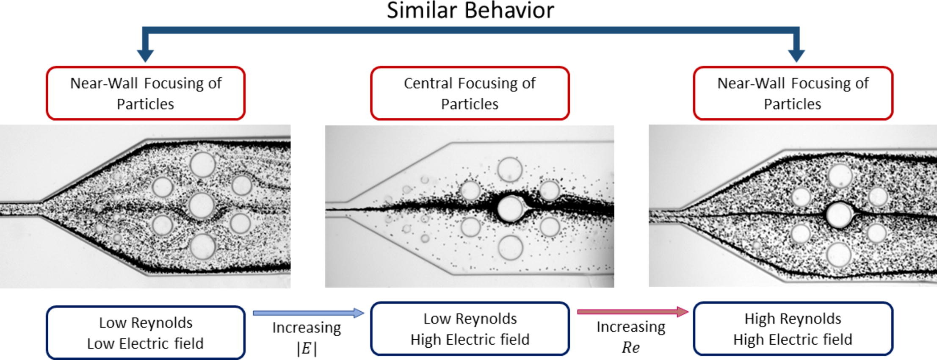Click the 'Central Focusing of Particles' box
(x=470, y=93)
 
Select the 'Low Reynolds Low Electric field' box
(x=145, y=333)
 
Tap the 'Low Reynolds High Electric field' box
(x=470, y=329)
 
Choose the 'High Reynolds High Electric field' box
(x=793, y=329)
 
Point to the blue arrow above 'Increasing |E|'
(x=308, y=313)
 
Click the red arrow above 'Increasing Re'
(x=633, y=312)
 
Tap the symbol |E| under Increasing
(x=307, y=349)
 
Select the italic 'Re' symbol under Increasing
(x=630, y=347)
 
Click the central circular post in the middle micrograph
(x=510, y=208)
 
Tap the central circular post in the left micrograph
(x=202, y=205)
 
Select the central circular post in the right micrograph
(x=839, y=215)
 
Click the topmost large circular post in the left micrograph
(x=202, y=164)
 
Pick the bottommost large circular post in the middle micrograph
(x=510, y=247)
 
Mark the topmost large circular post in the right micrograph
(x=840, y=175)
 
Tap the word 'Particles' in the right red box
(x=792, y=104)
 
